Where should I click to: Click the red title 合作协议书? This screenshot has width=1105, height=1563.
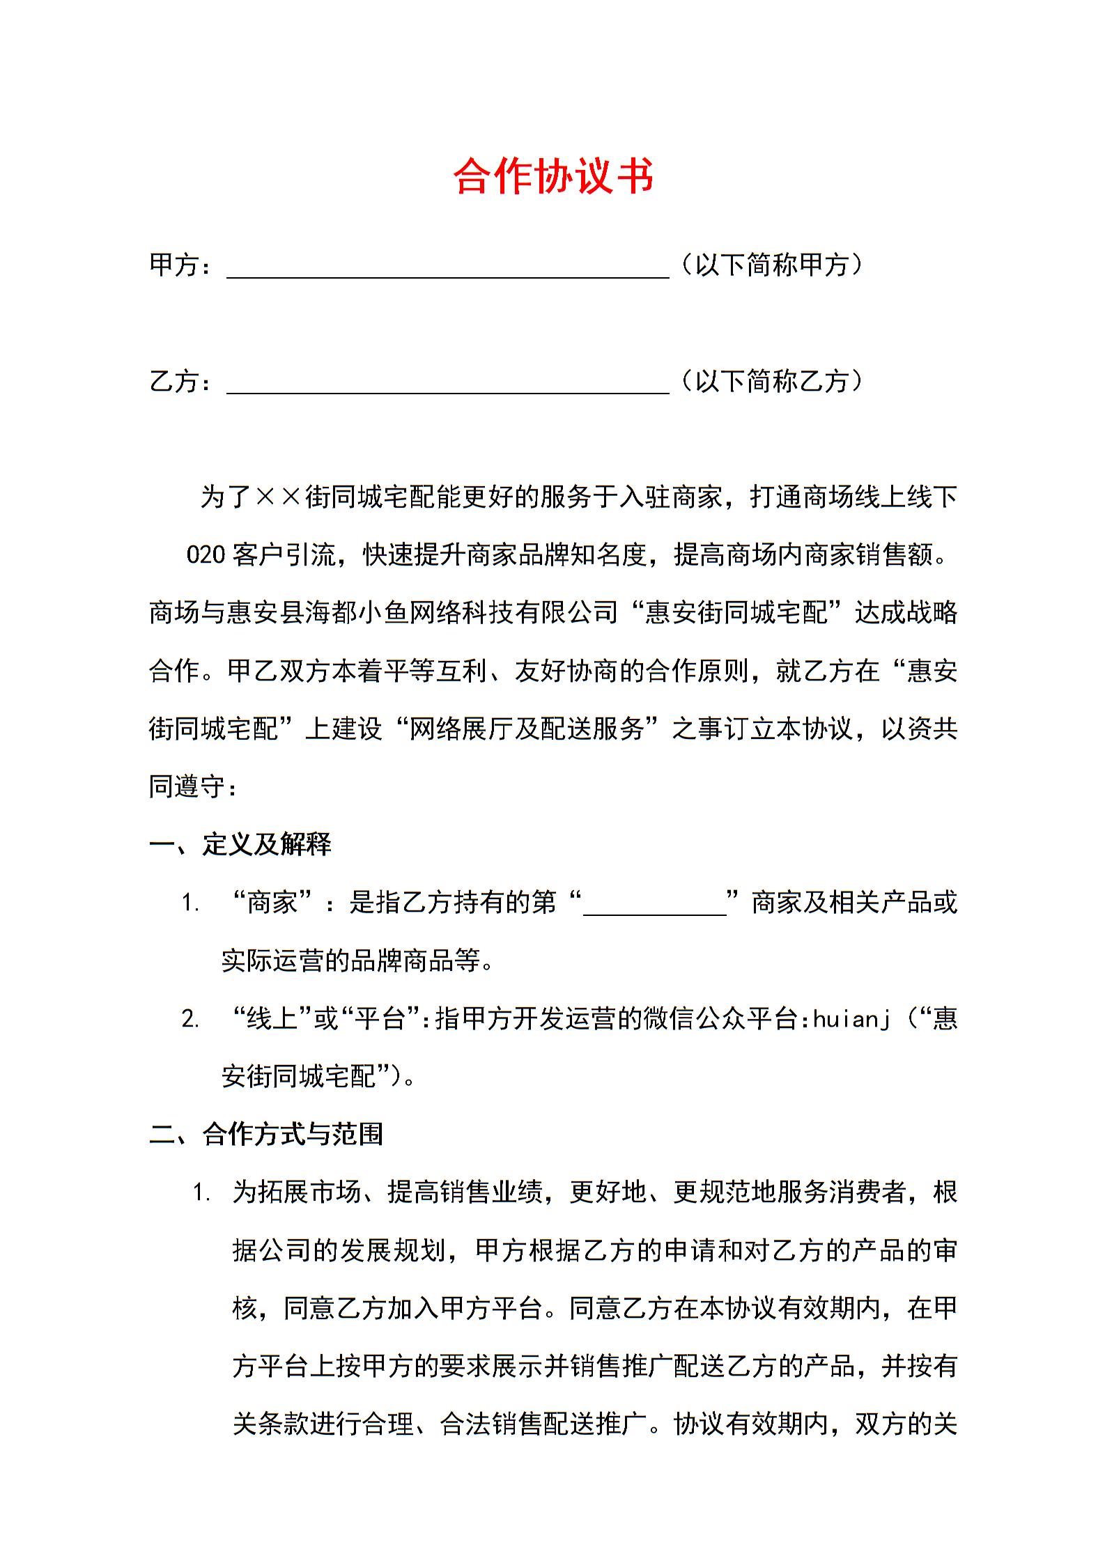coord(553,176)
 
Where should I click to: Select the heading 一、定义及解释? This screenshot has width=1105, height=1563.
coord(240,844)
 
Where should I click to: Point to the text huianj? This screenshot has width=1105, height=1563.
coord(851,1019)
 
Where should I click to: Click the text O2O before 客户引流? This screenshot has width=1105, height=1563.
coord(206,555)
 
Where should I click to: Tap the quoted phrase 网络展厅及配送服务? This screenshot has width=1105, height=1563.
coord(527,729)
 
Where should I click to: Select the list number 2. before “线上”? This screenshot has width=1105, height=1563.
coord(190,1020)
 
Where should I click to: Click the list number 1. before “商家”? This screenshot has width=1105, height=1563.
coord(190,903)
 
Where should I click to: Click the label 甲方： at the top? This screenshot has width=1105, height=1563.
coord(180,265)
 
